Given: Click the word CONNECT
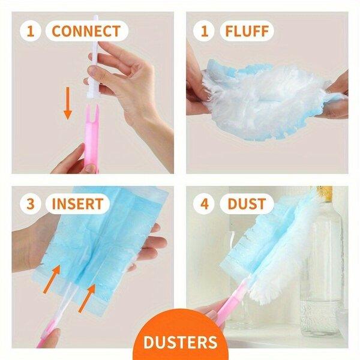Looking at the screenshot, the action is coord(86,31).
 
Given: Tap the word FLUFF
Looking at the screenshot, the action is coord(247,31).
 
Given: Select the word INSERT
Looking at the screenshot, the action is coord(77,204).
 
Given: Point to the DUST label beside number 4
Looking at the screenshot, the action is coord(247,204).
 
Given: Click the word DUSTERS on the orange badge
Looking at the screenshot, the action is coord(180,342).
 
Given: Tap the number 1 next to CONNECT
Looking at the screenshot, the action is coord(31,31).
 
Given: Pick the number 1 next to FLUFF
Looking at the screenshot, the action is coord(205,31).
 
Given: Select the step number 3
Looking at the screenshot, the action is coord(31,204).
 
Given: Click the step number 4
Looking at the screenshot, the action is coord(205,204).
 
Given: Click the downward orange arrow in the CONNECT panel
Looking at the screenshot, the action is coord(68,103).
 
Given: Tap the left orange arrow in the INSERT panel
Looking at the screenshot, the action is coord(52,279).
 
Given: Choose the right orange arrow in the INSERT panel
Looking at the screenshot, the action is coord(87,298).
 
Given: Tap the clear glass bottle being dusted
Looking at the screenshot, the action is coord(322,264).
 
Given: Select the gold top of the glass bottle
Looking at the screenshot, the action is coord(324,193).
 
